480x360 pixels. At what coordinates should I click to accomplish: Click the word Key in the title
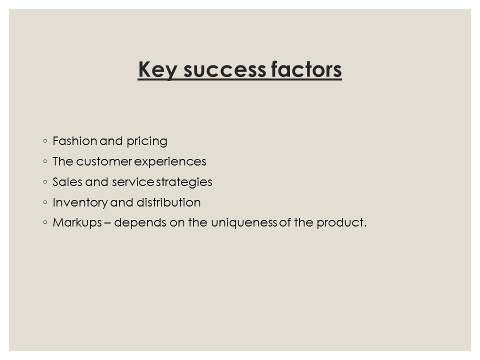click(x=157, y=70)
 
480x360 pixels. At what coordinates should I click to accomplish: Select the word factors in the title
click(x=306, y=70)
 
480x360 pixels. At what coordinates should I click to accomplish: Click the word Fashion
click(x=74, y=141)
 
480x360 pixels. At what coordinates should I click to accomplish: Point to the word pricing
click(x=148, y=141)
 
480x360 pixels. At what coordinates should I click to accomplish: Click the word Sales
click(x=64, y=182)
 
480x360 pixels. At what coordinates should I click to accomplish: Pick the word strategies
click(x=184, y=182)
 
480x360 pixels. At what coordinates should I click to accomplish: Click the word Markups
click(x=75, y=223)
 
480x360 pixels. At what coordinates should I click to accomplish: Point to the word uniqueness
click(x=243, y=223)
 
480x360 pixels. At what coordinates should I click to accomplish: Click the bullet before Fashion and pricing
click(x=45, y=141)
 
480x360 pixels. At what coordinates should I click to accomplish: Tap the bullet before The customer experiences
click(x=45, y=162)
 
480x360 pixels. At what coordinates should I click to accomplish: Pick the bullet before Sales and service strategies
click(x=45, y=182)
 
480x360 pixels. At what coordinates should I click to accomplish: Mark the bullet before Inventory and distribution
click(x=45, y=202)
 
